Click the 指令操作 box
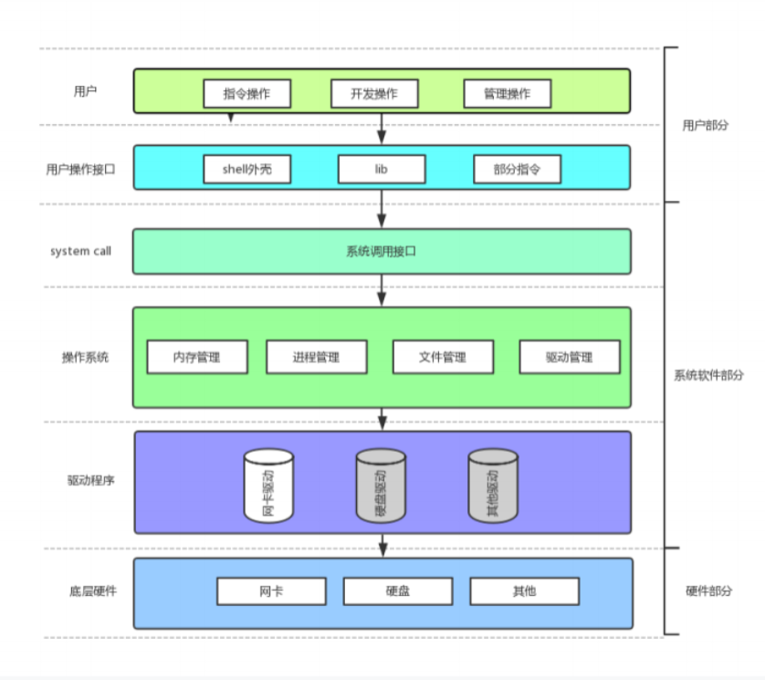(x=246, y=93)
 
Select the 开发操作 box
(x=374, y=93)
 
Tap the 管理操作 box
(x=507, y=93)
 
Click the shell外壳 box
(x=246, y=169)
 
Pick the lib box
(x=382, y=169)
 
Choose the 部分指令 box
(x=517, y=169)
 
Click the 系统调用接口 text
(x=382, y=251)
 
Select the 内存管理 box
(x=197, y=357)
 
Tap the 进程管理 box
(x=317, y=357)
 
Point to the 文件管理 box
(x=443, y=357)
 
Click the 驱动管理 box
(x=570, y=357)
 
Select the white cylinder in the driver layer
(x=268, y=485)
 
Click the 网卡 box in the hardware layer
(x=271, y=591)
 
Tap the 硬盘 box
(x=398, y=591)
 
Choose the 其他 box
(x=525, y=591)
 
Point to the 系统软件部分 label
(x=708, y=375)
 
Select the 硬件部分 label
(x=708, y=591)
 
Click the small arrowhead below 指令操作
(x=231, y=118)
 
